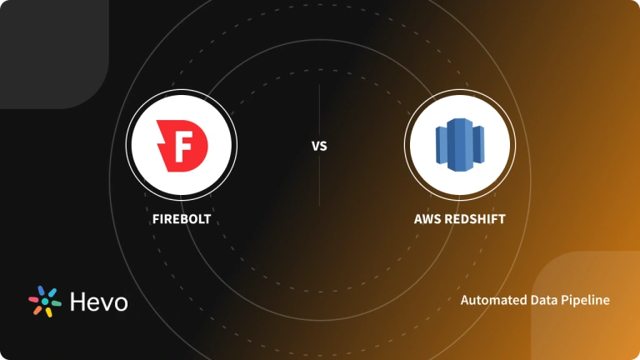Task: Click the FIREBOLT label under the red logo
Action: point(181,221)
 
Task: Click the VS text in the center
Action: point(319,147)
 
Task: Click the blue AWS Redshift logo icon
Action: point(459,144)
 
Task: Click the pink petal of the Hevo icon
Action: point(34,293)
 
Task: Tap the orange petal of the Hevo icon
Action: point(35,309)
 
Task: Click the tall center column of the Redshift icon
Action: point(459,144)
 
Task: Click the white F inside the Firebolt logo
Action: point(182,144)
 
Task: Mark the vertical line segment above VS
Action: point(319,108)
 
